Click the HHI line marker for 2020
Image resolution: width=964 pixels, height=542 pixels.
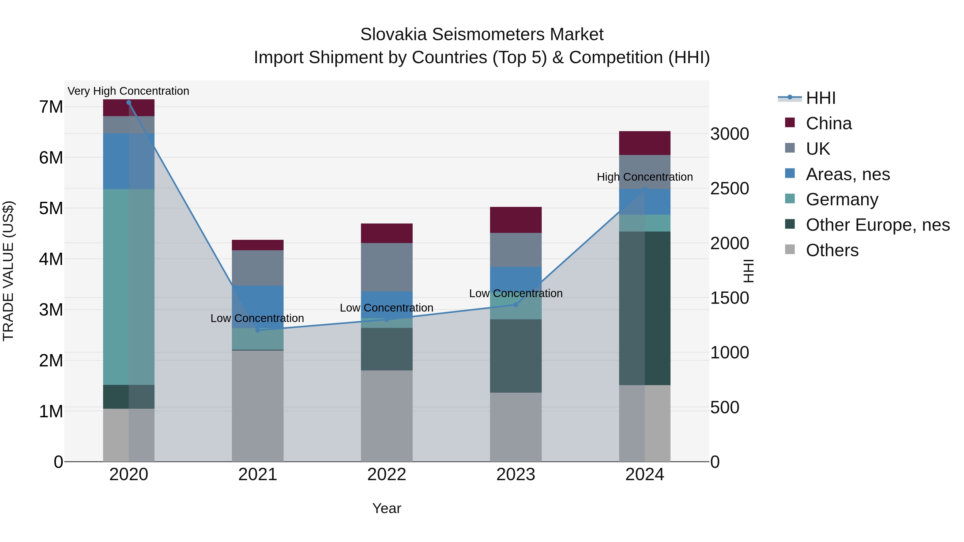click(x=129, y=103)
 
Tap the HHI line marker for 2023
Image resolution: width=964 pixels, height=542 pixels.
click(x=516, y=305)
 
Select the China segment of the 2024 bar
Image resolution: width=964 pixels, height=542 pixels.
click(x=645, y=143)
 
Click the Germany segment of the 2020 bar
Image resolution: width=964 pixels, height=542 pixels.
click(x=129, y=287)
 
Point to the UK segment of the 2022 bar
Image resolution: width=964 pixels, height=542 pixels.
click(x=387, y=267)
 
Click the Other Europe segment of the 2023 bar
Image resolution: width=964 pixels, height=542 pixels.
click(x=516, y=356)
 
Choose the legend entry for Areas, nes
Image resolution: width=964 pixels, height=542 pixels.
click(x=848, y=174)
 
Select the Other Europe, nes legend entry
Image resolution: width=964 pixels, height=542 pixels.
click(x=878, y=225)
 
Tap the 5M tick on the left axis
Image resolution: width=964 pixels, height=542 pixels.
click(x=51, y=208)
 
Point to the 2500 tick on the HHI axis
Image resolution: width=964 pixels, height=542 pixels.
click(x=729, y=188)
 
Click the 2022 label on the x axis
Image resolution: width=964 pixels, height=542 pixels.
click(x=387, y=475)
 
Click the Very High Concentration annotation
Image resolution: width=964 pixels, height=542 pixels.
click(x=128, y=91)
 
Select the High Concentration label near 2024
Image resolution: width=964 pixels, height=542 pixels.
click(x=645, y=177)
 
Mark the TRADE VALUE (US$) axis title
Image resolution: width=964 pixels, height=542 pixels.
click(x=9, y=271)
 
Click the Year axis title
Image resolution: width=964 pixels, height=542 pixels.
click(x=387, y=508)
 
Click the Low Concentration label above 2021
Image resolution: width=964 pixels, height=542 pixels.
click(x=257, y=318)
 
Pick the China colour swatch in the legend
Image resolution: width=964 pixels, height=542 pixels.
click(x=790, y=123)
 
